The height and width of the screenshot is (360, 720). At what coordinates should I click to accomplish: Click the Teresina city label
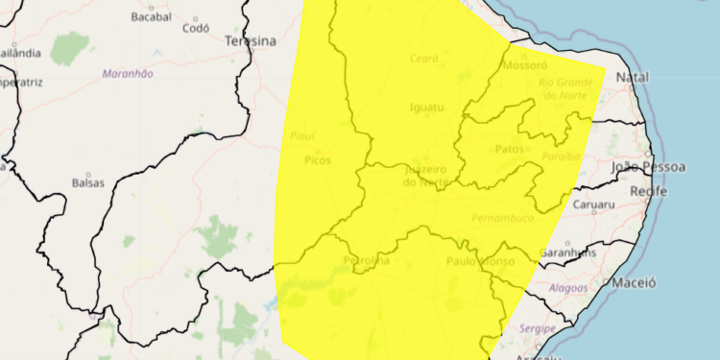tap(250, 41)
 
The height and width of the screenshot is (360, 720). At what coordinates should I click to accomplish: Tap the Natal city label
tap(632, 76)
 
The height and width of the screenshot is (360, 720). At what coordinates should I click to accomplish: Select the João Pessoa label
tap(649, 167)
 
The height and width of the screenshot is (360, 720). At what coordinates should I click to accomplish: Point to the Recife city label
tap(648, 192)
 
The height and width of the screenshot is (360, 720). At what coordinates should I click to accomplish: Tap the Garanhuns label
tap(567, 252)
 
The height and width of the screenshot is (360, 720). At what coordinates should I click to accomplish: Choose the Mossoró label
tap(524, 66)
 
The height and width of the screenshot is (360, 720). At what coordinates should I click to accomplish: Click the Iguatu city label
tap(426, 107)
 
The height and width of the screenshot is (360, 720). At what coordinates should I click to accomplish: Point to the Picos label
tap(317, 159)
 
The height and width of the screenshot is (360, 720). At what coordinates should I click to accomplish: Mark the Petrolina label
tap(366, 260)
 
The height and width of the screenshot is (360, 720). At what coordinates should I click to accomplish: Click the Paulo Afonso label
tap(480, 261)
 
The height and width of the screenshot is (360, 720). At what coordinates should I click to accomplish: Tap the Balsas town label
tap(87, 181)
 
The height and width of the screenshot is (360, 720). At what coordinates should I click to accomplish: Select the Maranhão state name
tap(129, 73)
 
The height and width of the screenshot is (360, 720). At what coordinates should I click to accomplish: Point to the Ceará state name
tap(423, 59)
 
